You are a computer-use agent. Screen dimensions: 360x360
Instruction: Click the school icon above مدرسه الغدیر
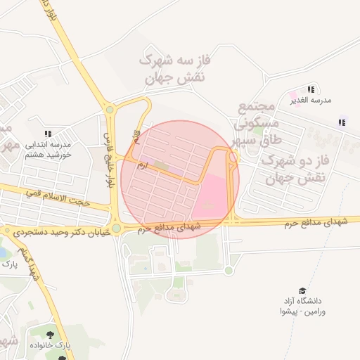[311, 89]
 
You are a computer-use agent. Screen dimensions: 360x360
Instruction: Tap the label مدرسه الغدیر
[311, 101]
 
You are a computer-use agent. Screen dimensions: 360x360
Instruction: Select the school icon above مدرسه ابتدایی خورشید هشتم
[48, 133]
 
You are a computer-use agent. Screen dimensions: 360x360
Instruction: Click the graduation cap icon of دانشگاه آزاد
[302, 290]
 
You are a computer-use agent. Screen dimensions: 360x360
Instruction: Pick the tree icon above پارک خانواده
[50, 335]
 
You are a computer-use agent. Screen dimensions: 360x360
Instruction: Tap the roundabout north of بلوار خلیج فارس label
[109, 109]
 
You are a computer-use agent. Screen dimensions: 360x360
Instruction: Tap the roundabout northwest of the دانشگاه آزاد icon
[229, 271]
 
